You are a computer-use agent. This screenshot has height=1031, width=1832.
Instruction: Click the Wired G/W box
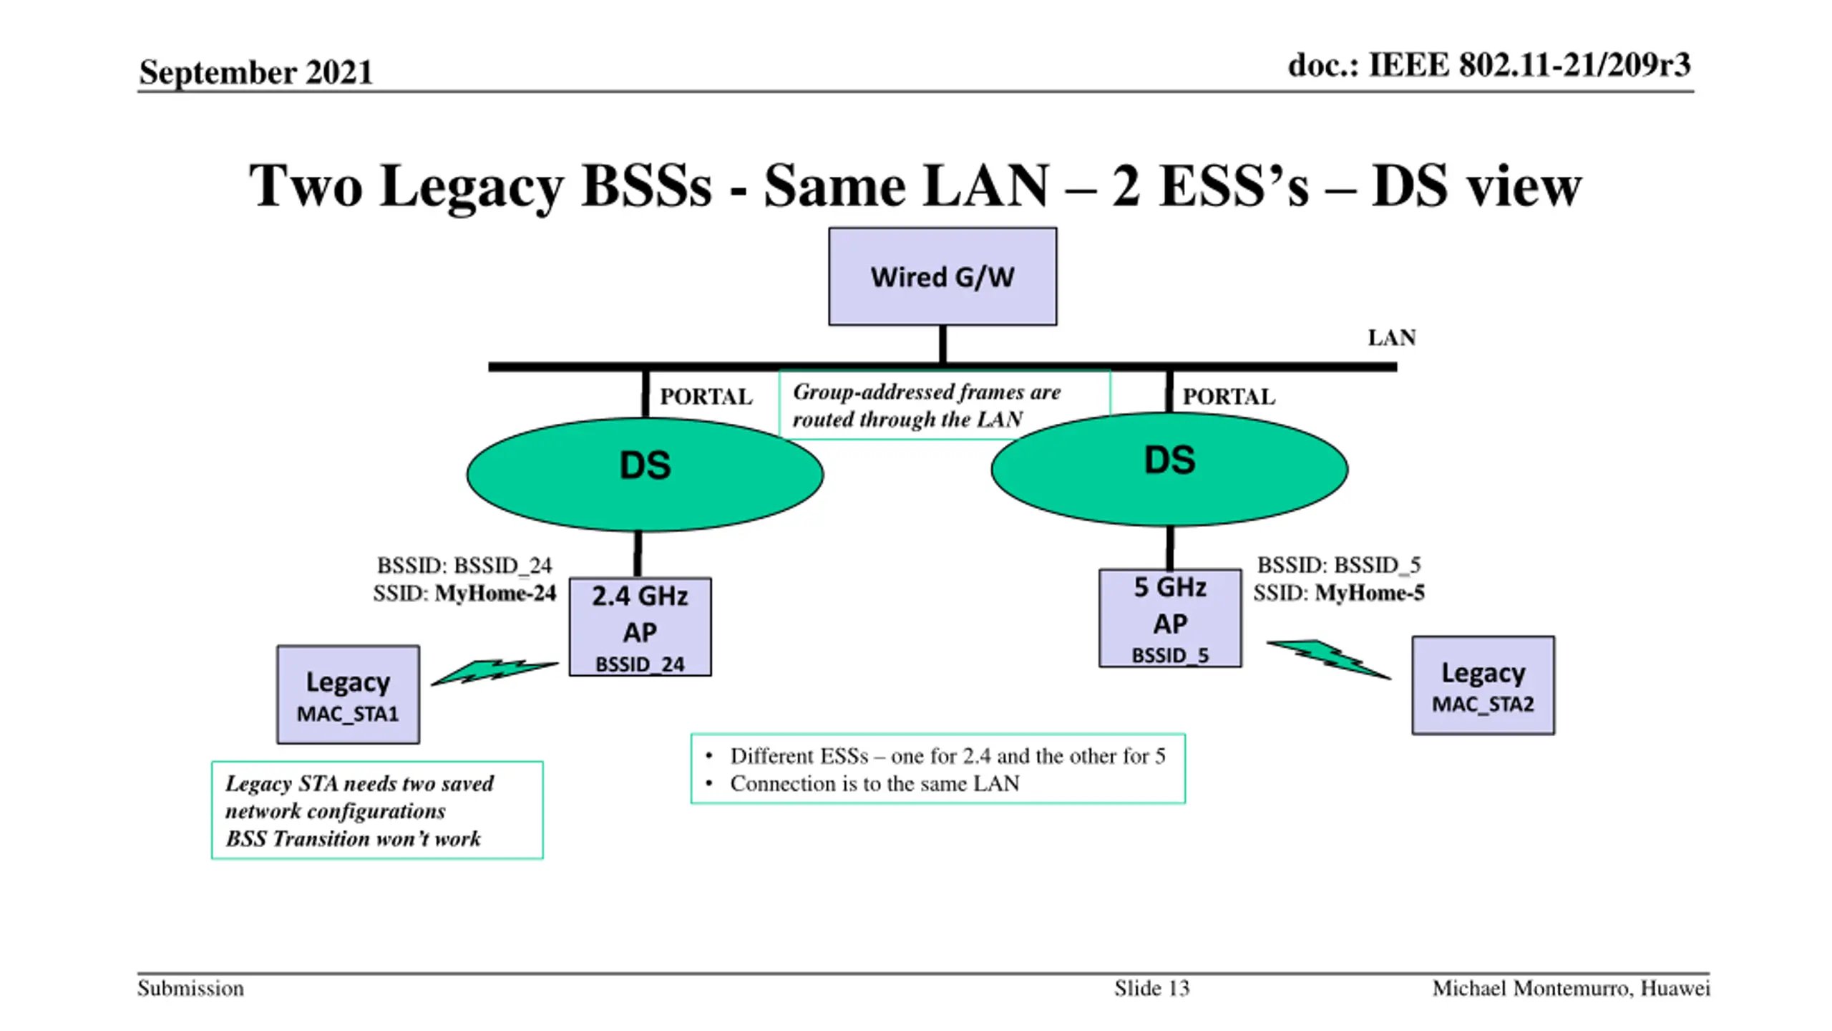coord(942,276)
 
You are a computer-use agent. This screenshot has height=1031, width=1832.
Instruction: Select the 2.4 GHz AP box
coord(640,626)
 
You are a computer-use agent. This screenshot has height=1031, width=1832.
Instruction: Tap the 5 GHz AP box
coord(1170,618)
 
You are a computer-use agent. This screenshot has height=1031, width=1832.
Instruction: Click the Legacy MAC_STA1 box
coord(348,694)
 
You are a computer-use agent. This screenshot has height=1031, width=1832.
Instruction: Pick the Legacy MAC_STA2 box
coord(1483,685)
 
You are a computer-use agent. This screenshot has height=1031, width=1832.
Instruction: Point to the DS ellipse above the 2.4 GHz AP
coord(645,474)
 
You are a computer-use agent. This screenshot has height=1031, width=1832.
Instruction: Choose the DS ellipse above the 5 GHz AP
coord(1169,469)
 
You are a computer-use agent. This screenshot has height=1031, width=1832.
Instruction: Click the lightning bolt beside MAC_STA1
coord(494,672)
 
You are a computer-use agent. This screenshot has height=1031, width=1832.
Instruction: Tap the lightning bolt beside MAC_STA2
coord(1329,659)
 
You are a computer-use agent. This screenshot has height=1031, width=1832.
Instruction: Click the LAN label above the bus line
coord(1392,338)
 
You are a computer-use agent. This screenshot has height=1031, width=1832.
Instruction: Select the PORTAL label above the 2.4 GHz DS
coord(706,397)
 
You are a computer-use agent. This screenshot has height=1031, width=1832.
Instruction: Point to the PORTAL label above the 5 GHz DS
coord(1229,397)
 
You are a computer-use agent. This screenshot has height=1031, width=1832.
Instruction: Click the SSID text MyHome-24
coord(495,594)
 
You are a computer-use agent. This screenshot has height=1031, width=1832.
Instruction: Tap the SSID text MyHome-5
coord(1370,593)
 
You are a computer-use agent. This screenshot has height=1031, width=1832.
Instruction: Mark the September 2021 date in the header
coord(255,72)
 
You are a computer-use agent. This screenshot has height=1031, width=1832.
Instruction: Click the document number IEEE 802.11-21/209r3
coord(1529,65)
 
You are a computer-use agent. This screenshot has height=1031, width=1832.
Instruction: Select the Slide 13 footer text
coord(1151,989)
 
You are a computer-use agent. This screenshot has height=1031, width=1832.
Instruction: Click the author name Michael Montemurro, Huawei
coord(1571,989)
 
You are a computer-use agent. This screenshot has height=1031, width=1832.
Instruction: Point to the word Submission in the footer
coord(190,989)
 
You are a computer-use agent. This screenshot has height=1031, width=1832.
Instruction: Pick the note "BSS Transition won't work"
coord(353,838)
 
